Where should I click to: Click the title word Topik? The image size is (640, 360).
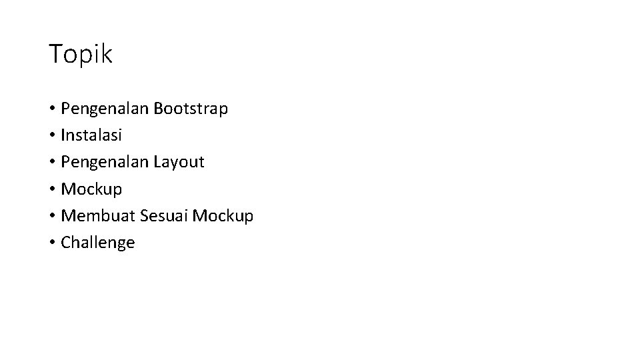click(x=81, y=55)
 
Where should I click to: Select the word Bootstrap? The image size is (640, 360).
click(x=191, y=108)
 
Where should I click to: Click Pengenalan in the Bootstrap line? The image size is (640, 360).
click(x=105, y=108)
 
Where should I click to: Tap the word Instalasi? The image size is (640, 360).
click(x=91, y=135)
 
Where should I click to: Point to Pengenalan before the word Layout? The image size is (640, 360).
click(x=105, y=162)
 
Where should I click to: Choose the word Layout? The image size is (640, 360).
click(x=179, y=162)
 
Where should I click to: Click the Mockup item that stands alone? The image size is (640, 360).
click(x=91, y=189)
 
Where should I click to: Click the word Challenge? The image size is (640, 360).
click(x=97, y=243)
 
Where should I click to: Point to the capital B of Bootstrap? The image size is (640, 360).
click(x=158, y=108)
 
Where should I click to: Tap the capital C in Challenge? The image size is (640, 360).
click(x=65, y=243)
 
